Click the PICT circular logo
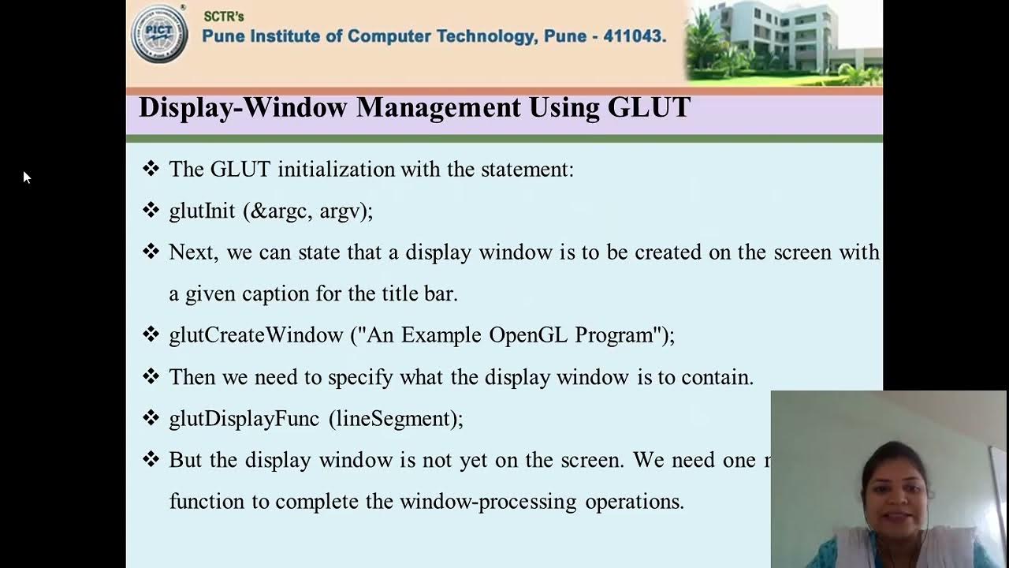pyautogui.click(x=159, y=33)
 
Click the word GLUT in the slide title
pyautogui.click(x=649, y=107)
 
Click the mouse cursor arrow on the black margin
pyautogui.click(x=25, y=177)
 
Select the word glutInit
pyautogui.click(x=202, y=211)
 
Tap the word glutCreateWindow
pyautogui.click(x=255, y=335)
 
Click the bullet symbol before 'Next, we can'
pyautogui.click(x=151, y=252)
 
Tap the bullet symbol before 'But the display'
pyautogui.click(x=151, y=459)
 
